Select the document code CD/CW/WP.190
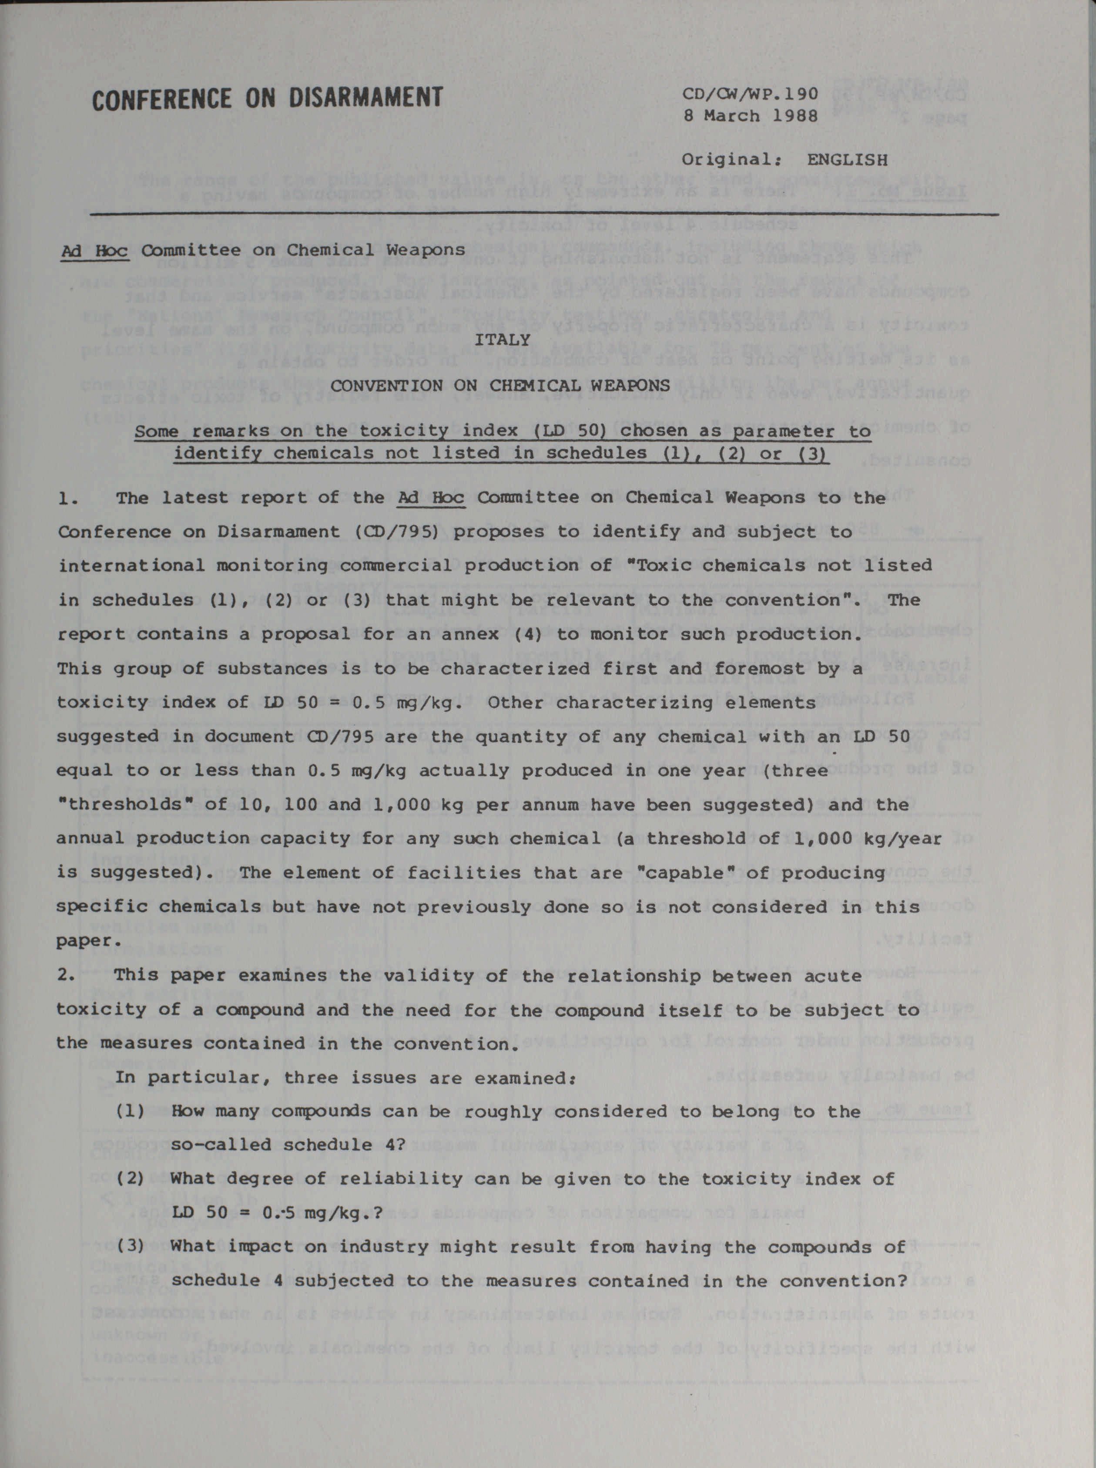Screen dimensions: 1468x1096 751,94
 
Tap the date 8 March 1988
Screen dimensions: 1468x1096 751,116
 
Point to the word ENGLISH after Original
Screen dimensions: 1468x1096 847,160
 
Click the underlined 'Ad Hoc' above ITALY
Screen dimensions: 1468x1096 94,251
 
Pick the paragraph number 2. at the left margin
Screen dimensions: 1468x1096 68,976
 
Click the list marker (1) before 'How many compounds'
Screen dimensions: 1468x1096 131,1111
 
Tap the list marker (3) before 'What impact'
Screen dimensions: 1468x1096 131,1247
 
